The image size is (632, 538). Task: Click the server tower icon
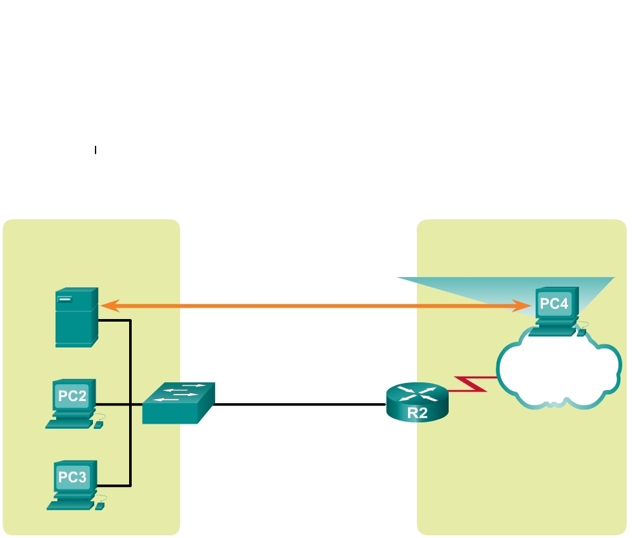point(76,317)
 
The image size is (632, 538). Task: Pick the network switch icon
point(178,403)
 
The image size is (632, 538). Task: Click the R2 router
point(417,402)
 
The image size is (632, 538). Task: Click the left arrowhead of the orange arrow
point(105,304)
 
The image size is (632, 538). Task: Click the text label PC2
point(72,396)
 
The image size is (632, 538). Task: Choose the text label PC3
point(72,477)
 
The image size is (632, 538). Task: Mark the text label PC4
point(555,303)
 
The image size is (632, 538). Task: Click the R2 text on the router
point(417,414)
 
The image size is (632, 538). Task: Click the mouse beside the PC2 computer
point(98,426)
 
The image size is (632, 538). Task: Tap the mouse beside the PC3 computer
point(99,507)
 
